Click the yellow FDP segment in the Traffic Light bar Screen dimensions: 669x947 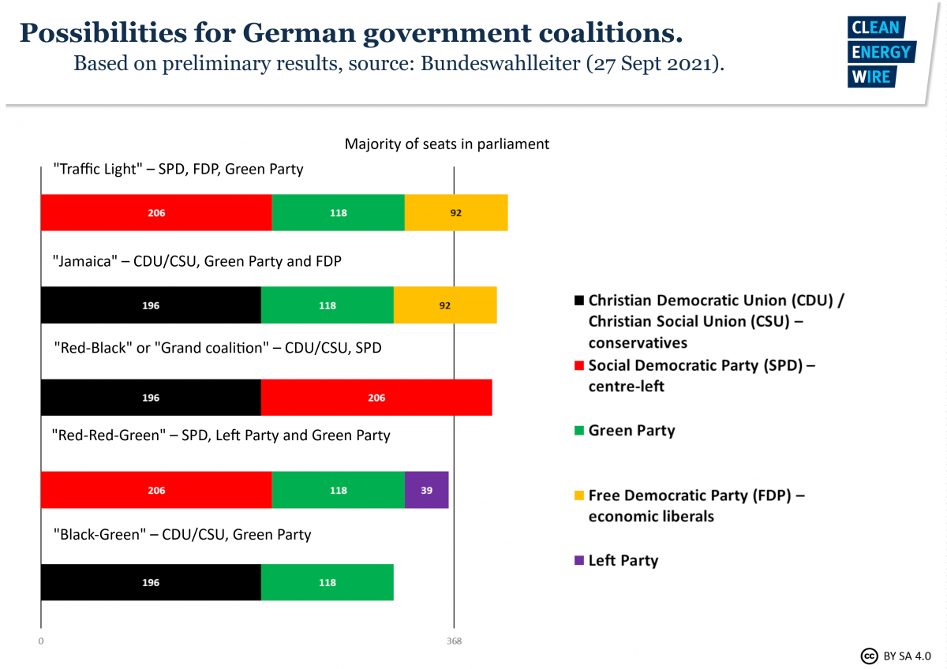click(456, 213)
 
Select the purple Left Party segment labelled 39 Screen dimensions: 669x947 click(426, 490)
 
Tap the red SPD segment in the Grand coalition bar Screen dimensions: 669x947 click(376, 398)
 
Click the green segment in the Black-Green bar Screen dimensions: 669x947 click(327, 582)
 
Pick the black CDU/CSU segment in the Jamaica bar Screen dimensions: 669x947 click(151, 305)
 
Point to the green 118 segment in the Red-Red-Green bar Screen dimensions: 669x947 click(338, 490)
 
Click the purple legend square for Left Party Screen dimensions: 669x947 click(579, 561)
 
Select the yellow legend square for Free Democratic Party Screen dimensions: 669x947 click(579, 496)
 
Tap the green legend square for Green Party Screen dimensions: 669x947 click(579, 431)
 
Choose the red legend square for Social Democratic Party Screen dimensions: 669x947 click(579, 366)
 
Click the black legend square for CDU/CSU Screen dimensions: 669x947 click(579, 301)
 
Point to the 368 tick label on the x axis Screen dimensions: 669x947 click(453, 641)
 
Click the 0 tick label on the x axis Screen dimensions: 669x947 click(40, 641)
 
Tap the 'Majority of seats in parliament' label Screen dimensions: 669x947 click(447, 144)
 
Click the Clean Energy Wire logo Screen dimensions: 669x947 click(880, 52)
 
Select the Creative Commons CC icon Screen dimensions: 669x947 click(869, 656)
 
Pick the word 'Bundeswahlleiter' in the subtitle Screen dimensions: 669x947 click(500, 64)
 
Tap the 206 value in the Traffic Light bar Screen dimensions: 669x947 click(156, 213)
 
